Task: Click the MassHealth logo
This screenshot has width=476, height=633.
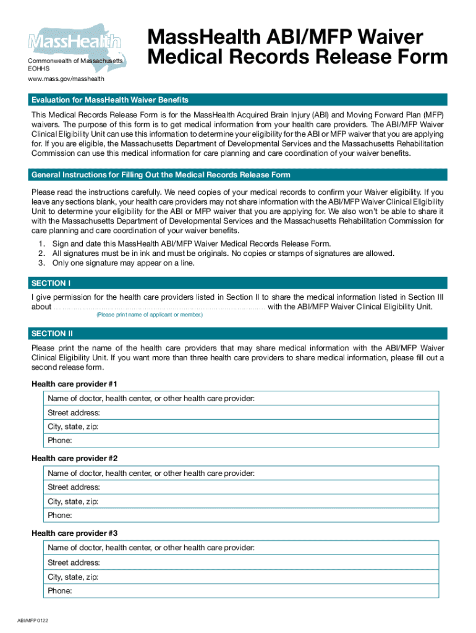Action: tap(74, 42)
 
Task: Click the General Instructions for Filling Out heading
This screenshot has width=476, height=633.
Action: tap(161, 175)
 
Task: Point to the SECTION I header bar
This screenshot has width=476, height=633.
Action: tap(237, 283)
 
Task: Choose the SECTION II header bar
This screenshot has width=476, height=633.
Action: tap(237, 334)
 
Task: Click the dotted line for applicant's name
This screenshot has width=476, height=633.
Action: tap(159, 307)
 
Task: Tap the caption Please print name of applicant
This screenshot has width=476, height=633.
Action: tap(149, 315)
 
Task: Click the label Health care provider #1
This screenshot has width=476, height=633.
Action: tap(74, 384)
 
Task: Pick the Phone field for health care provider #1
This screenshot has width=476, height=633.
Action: tap(241, 441)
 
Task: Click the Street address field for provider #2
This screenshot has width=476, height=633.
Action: tap(241, 487)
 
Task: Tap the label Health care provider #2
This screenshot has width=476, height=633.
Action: tap(74, 459)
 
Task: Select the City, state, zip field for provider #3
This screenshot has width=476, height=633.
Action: tap(241, 577)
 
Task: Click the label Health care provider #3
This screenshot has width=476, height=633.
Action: tap(74, 533)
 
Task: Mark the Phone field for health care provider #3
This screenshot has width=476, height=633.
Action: tap(241, 591)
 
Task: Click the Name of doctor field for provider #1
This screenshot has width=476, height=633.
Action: tap(241, 399)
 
